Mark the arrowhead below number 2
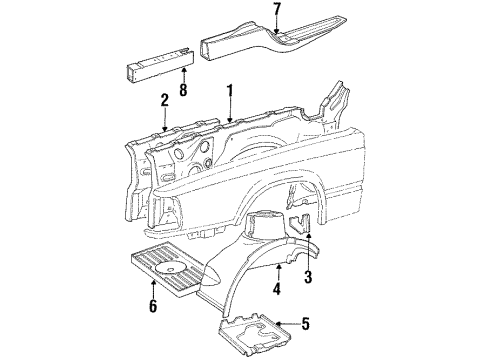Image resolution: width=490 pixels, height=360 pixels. (164, 126)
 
